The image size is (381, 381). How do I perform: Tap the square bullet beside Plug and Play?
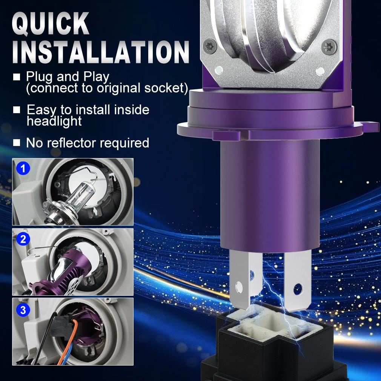pyautogui.click(x=16, y=77)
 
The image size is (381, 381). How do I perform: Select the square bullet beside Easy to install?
pyautogui.click(x=16, y=110)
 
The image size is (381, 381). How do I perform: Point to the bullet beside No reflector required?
pyautogui.click(x=16, y=143)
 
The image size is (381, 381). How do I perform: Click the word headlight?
pyautogui.click(x=54, y=121)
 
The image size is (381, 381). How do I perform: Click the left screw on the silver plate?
pyautogui.click(x=210, y=46)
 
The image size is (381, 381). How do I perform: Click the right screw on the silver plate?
pyautogui.click(x=328, y=48)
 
